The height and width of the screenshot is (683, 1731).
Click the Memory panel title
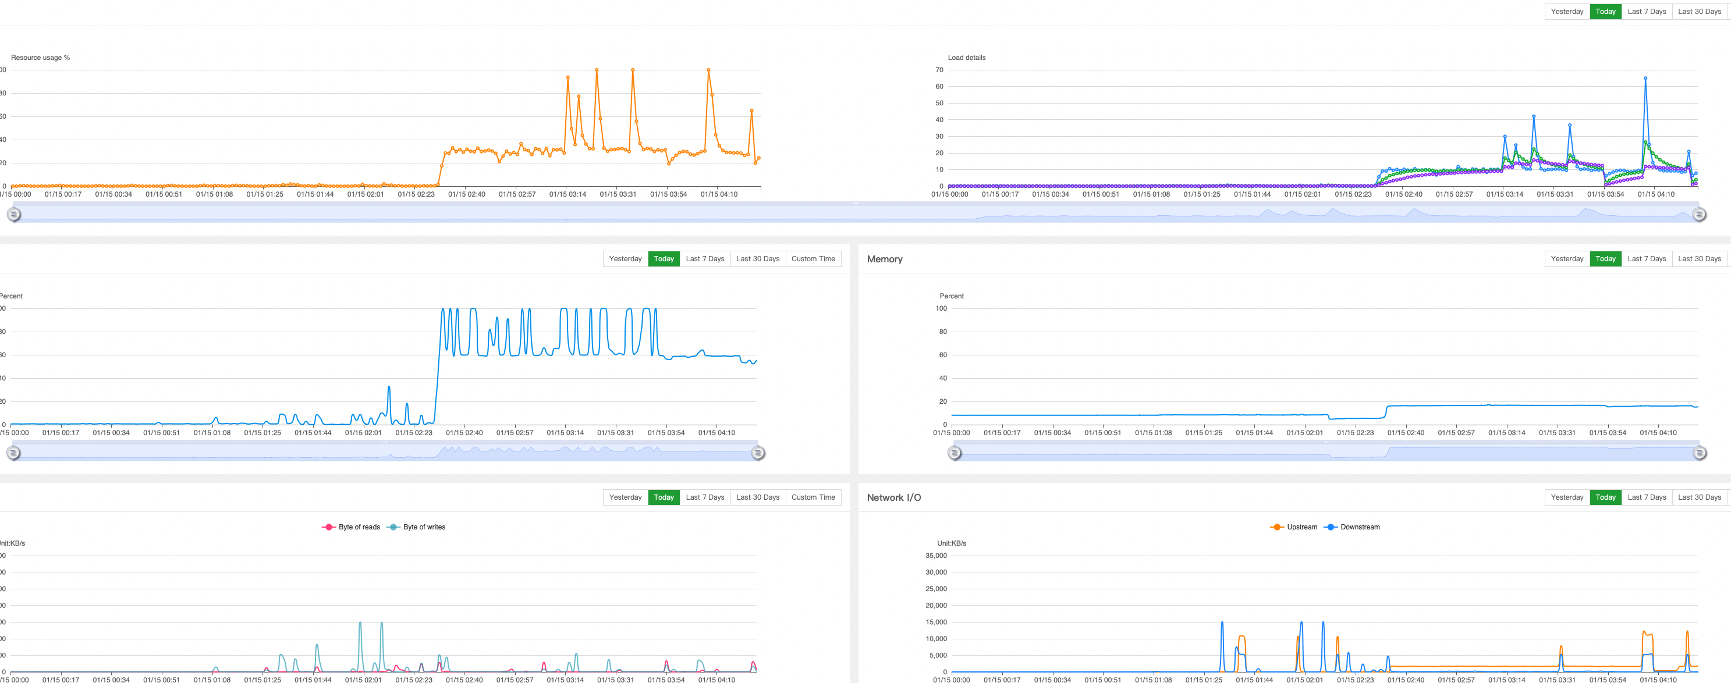pos(884,259)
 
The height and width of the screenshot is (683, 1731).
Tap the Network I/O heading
pos(893,497)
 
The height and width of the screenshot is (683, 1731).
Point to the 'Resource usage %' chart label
pos(40,58)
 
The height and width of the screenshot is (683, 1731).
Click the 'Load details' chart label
pos(966,58)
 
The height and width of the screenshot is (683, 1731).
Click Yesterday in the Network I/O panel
pos(1567,497)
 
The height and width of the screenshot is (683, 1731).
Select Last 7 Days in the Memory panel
pos(1647,259)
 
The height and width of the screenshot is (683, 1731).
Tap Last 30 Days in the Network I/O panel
pos(1699,497)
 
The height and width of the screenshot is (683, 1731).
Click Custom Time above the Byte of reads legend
pos(813,497)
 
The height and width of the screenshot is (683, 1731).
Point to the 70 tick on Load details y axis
pos(939,70)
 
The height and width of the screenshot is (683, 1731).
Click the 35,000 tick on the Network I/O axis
pos(935,556)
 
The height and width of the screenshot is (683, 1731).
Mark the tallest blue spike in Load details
pos(1645,79)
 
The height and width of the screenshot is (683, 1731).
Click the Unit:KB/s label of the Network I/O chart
pos(952,543)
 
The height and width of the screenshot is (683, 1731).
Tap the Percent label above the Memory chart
pos(952,296)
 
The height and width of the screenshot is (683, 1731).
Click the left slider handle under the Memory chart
pos(954,453)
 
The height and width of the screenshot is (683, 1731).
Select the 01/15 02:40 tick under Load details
pos(1404,195)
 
